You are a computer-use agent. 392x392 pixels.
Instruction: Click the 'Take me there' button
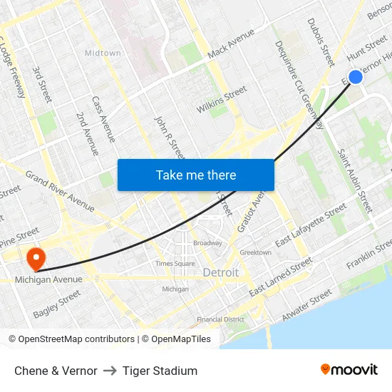tap(196, 175)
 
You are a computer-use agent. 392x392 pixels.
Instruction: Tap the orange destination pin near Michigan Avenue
tap(34, 258)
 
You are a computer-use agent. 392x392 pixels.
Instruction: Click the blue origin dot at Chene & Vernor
tap(356, 76)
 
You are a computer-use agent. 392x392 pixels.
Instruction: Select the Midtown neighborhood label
tap(103, 53)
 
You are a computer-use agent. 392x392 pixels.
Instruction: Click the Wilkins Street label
tap(222, 100)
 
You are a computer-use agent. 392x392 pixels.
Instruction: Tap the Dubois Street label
tap(321, 43)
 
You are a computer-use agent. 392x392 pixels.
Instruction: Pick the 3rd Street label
tap(43, 85)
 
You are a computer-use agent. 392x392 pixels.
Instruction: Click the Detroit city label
tap(221, 273)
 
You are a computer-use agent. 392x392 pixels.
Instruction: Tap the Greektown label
tap(255, 252)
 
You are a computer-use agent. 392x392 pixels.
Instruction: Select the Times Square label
tap(175, 264)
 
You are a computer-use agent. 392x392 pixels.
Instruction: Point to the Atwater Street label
tap(306, 303)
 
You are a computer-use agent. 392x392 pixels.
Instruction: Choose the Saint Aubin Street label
tap(355, 180)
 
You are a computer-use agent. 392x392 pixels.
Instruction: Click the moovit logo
tap(349, 370)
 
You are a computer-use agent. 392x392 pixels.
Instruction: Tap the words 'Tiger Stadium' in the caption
tap(160, 371)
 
